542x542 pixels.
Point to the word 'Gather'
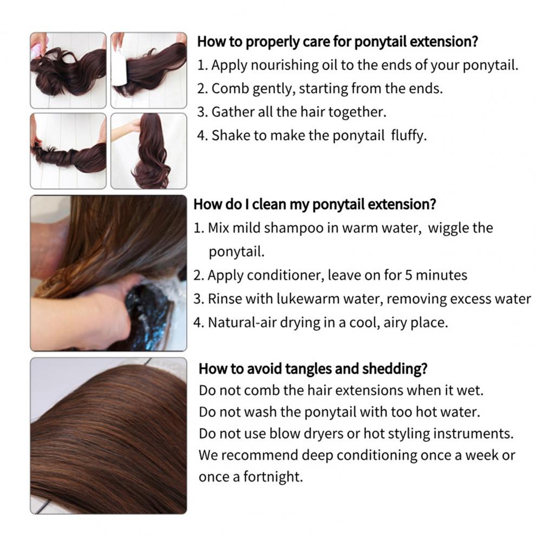click(230, 112)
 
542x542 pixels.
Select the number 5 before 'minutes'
click(409, 276)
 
